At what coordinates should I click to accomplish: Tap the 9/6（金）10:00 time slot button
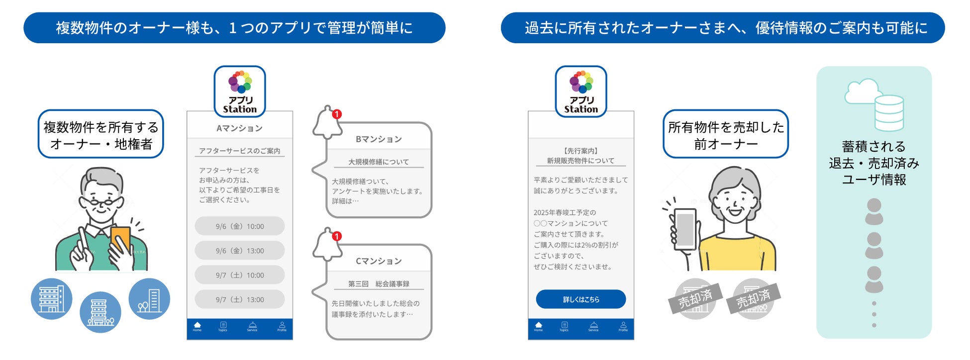[240, 226]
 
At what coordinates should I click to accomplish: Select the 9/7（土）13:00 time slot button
[240, 299]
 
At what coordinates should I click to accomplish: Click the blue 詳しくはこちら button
[581, 299]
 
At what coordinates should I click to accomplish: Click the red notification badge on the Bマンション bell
[337, 114]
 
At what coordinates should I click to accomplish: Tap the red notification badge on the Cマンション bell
[337, 236]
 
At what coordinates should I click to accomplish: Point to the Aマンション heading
[239, 128]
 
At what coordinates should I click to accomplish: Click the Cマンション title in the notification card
[379, 261]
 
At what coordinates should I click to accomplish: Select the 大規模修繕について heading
[379, 162]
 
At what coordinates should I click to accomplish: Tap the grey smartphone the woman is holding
[684, 229]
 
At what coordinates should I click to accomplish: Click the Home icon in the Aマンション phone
[197, 326]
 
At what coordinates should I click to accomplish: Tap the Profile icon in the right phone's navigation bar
[623, 326]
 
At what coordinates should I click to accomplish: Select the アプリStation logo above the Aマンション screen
[240, 91]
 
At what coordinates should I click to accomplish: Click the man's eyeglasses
[102, 202]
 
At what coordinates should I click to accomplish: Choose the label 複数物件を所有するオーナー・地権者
[101, 135]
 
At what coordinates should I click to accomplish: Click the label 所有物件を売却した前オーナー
[726, 135]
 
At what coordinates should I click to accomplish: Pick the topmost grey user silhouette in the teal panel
[874, 211]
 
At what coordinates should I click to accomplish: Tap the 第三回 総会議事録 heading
[379, 284]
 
